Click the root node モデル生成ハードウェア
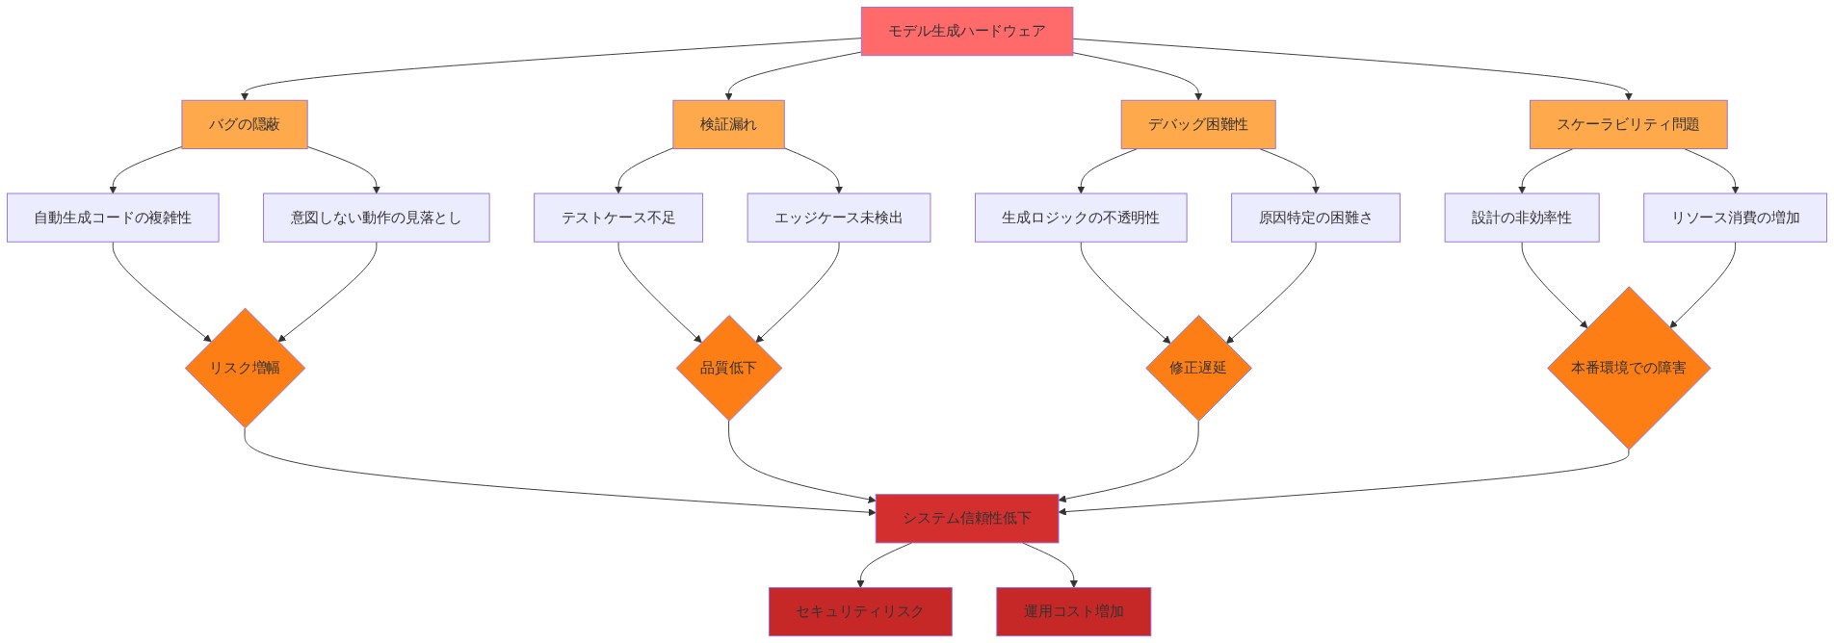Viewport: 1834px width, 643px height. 966,32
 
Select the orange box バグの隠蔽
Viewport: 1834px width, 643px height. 245,124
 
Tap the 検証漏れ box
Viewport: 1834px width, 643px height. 728,124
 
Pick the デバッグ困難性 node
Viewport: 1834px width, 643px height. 1198,124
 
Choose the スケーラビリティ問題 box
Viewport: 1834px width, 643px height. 1628,124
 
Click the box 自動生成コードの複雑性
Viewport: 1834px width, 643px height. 113,218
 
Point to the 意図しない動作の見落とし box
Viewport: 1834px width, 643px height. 377,218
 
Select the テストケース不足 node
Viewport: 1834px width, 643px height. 618,218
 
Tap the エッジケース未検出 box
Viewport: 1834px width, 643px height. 839,218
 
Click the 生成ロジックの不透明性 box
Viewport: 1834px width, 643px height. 1081,218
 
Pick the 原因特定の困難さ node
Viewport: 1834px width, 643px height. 1316,218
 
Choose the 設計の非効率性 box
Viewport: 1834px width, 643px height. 1522,218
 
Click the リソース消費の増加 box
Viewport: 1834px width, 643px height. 1736,218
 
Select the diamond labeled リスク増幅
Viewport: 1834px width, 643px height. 245,368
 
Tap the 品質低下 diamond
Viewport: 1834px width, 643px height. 728,368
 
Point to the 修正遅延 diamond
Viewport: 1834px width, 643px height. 1198,368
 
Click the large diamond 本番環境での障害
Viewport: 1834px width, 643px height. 1629,368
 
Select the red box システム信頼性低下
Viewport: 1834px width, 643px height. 967,518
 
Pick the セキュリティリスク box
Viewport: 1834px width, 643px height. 860,611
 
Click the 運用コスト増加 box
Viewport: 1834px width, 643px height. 1074,611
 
